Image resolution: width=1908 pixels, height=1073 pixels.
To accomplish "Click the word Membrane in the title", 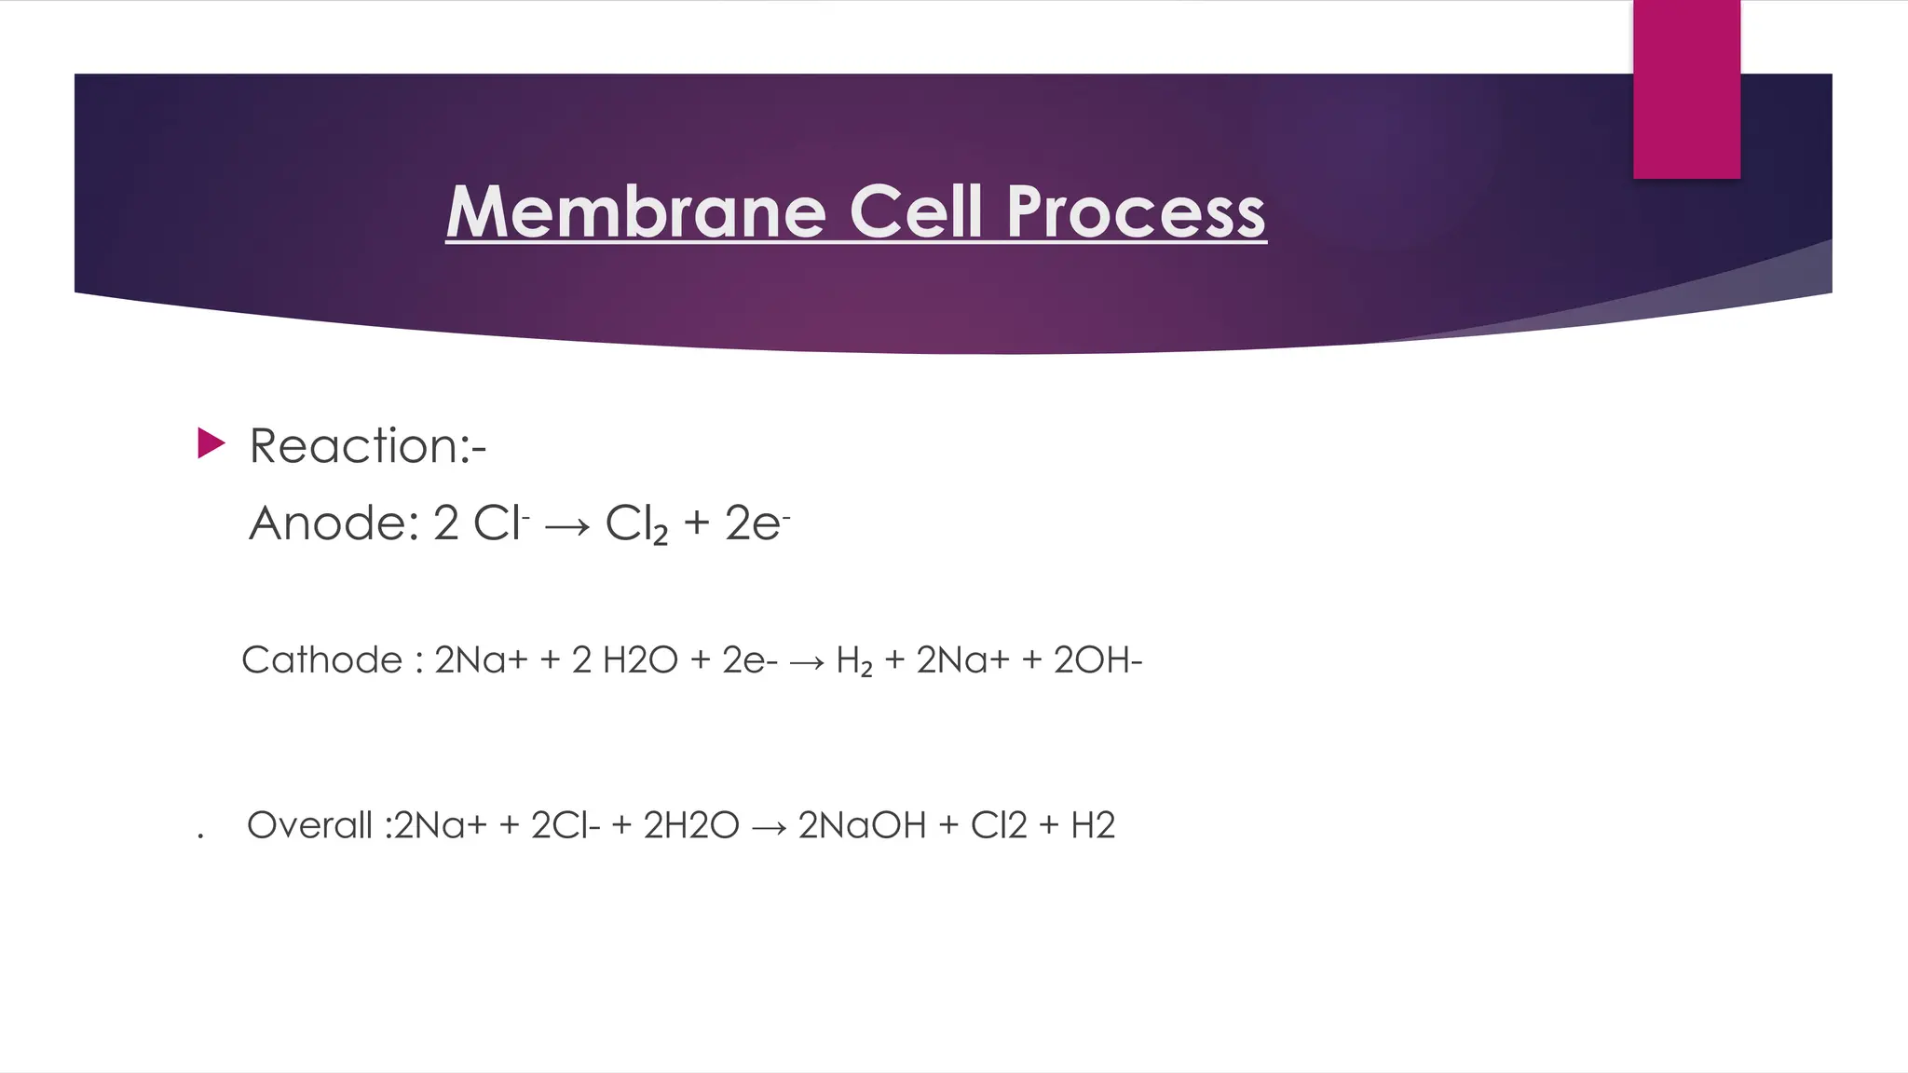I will point(635,211).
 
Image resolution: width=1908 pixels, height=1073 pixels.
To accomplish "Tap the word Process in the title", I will point(1136,213).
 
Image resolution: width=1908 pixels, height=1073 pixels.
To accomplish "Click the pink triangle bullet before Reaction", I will point(211,443).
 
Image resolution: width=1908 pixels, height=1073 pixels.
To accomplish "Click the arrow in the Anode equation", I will point(567,527).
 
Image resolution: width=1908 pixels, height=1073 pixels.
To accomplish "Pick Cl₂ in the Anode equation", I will point(636,524).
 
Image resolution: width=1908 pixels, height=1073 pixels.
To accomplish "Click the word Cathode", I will point(322,660).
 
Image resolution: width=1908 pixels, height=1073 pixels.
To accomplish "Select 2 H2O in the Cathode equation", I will point(625,660).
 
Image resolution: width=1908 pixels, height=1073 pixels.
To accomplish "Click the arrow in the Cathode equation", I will point(807,663).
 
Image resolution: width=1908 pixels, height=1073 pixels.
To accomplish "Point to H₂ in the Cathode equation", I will point(854,661).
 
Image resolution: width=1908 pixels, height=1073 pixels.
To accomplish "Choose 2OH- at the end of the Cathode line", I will point(1097,660).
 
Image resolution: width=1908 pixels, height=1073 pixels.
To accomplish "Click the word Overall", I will point(309,825).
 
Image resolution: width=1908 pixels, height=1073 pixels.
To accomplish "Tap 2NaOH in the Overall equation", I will point(863,825).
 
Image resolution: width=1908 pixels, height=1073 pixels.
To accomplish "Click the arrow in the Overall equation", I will point(769,828).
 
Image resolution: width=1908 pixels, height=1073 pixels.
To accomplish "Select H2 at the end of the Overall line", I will point(1093,825).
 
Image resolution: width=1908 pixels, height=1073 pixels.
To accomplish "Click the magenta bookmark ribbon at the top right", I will point(1686,89).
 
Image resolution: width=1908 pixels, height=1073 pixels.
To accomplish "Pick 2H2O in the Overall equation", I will point(691,825).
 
